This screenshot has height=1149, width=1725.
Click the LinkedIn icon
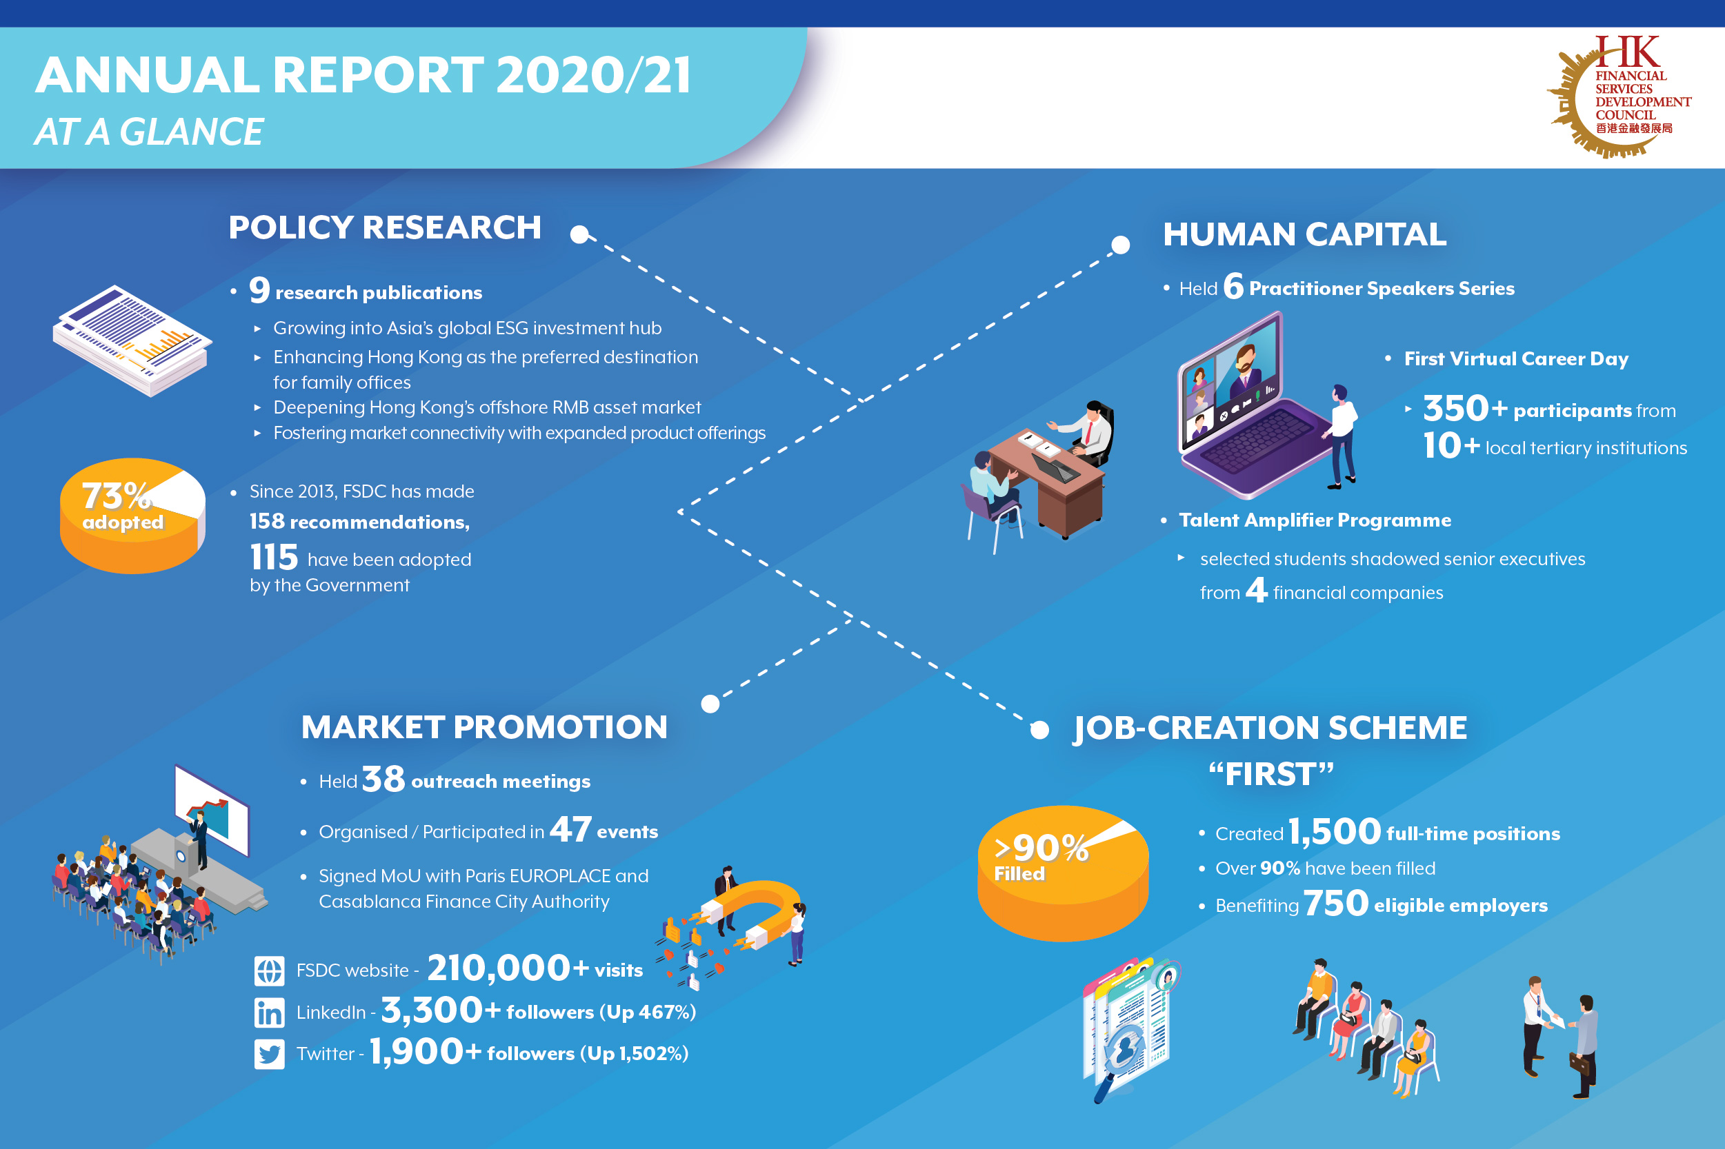269,1013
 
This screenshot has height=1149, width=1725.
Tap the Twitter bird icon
269,1055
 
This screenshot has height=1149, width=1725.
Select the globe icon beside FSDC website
269,971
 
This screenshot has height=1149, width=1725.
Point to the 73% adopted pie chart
132,515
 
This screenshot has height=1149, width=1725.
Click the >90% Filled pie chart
1062,872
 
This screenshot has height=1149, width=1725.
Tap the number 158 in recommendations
267,521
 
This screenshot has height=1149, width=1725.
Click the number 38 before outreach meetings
383,779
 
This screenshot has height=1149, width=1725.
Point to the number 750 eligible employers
1335,904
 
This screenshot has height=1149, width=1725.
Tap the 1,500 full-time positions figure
1334,832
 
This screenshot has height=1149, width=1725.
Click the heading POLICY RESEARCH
384,227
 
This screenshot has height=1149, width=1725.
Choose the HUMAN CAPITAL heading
1304,234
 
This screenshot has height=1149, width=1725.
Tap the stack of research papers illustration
132,340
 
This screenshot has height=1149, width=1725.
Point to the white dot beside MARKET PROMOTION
710,704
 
